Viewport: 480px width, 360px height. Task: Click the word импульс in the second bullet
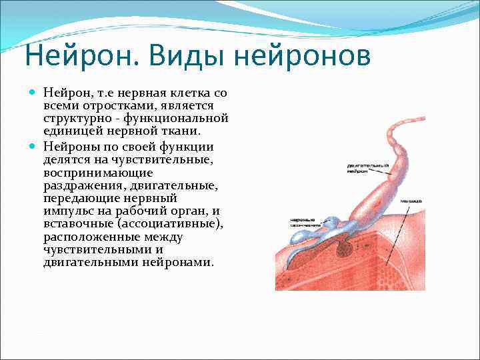click(x=68, y=211)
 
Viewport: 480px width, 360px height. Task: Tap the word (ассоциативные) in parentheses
click(x=170, y=224)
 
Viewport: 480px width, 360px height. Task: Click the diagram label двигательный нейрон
click(x=367, y=167)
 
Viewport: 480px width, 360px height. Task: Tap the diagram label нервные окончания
click(x=305, y=222)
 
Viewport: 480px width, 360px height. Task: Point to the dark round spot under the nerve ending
click(x=346, y=248)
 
